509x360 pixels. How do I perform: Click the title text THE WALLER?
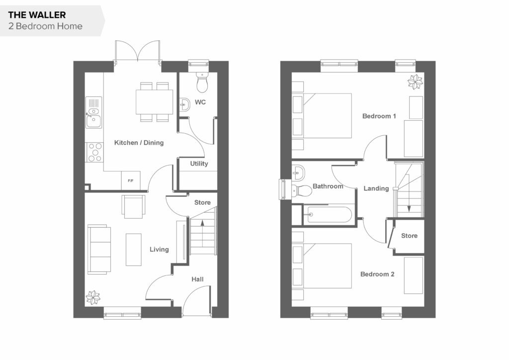point(37,15)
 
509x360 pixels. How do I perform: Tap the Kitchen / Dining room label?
point(139,143)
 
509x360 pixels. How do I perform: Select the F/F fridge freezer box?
point(131,180)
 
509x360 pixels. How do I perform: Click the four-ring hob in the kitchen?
point(94,152)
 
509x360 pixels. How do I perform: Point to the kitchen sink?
point(93,112)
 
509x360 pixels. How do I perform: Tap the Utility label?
point(199,164)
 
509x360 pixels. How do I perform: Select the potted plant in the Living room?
point(93,297)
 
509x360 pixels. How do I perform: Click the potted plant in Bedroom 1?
point(415,82)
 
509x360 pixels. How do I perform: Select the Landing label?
point(376,188)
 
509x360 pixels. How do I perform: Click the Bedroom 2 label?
point(377,274)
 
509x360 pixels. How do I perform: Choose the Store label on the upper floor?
point(410,236)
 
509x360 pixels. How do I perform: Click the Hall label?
point(197,279)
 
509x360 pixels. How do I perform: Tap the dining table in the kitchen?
point(154,102)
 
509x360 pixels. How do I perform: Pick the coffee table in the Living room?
point(134,250)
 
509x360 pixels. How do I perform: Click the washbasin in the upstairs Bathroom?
point(298,173)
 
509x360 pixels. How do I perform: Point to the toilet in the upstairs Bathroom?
point(302,190)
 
